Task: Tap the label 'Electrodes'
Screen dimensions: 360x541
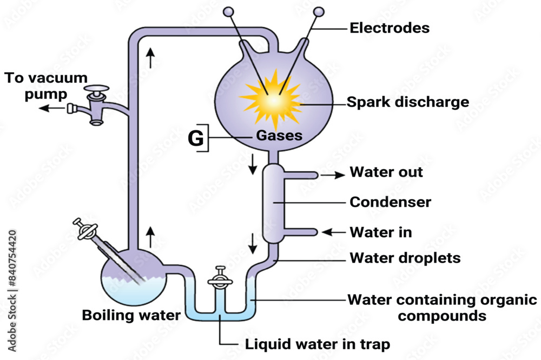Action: [x=390, y=28]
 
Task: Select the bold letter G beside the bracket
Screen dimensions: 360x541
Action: [x=196, y=138]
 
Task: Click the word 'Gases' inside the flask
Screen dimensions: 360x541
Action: [x=280, y=136]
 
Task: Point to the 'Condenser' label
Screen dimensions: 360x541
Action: [x=390, y=202]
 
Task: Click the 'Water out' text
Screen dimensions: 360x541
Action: [x=386, y=172]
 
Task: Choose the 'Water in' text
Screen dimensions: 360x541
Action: [x=381, y=232]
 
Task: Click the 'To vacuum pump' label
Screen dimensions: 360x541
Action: [x=46, y=85]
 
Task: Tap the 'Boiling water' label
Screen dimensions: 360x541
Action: [x=131, y=315]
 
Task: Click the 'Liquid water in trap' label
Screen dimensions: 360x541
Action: [x=317, y=344]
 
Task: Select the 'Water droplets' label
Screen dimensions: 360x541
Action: [x=405, y=258]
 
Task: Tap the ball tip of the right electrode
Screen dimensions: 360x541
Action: [x=319, y=11]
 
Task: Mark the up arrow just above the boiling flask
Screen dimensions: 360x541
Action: [x=150, y=237]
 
